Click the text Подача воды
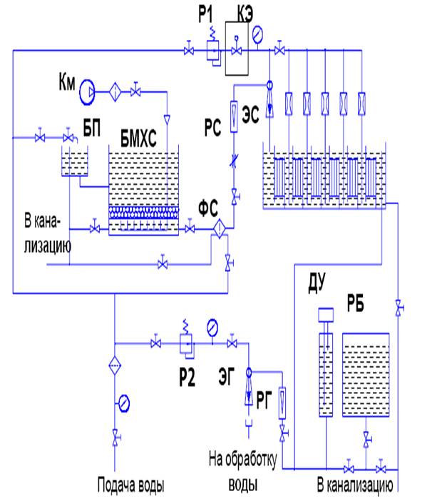point(131,488)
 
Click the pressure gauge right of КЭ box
point(257,33)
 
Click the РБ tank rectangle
point(366,374)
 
